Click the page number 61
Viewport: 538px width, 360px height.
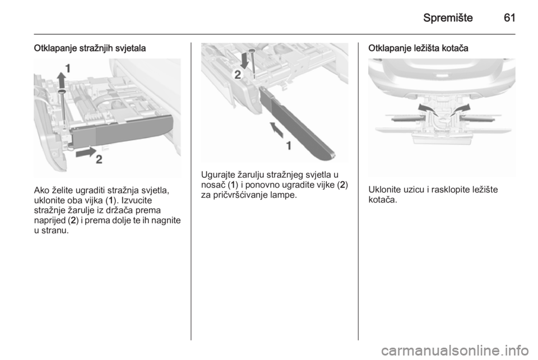click(509, 17)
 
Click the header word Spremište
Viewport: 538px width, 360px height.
click(448, 18)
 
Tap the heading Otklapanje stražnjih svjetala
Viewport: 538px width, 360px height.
click(90, 48)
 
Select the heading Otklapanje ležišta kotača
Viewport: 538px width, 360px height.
click(418, 48)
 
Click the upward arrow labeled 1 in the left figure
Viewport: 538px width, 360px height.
click(61, 80)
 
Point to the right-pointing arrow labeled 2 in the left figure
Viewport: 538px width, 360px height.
click(86, 152)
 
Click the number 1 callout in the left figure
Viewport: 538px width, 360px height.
click(68, 68)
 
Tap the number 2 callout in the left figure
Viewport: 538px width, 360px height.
click(99, 160)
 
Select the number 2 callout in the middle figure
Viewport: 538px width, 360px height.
click(238, 75)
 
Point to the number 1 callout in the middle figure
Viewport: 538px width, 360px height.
click(289, 146)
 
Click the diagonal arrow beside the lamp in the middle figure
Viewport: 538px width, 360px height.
click(277, 130)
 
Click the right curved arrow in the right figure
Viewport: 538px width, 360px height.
click(460, 110)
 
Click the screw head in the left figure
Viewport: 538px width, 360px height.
click(62, 91)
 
